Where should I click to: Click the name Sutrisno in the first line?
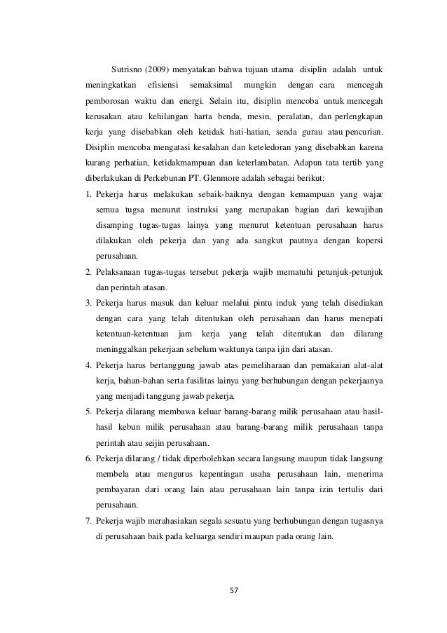[x=126, y=68]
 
